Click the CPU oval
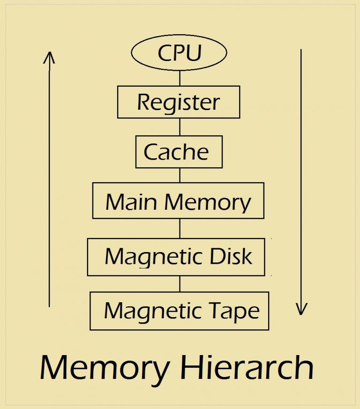pos(180,53)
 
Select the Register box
pos(179,102)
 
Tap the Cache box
pos(179,152)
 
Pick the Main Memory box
pos(178,201)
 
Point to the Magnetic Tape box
pos(179,311)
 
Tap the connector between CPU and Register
pos(180,78)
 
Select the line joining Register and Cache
pos(180,126)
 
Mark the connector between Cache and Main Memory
pos(180,175)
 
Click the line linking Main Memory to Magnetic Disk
pos(180,228)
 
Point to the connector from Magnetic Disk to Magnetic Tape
pos(180,283)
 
